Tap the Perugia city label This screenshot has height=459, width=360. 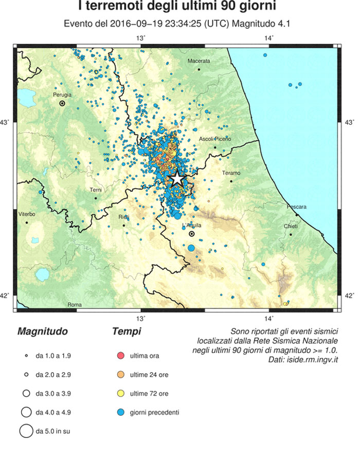(61, 95)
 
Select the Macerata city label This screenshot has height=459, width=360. (199, 61)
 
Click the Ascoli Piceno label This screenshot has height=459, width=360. (215, 139)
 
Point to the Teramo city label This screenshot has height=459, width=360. (231, 173)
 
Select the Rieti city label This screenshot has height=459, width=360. (123, 217)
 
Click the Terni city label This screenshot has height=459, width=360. (96, 190)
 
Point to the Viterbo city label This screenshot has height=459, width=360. (26, 213)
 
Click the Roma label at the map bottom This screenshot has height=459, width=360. (75, 305)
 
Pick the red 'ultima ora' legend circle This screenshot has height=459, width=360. (122, 356)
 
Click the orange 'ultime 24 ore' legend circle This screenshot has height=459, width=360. (122, 375)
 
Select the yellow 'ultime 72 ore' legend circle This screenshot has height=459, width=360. (122, 393)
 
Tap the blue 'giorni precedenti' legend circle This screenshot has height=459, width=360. (122, 412)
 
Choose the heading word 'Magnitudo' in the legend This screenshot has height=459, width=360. (42, 332)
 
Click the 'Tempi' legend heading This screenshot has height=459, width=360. (126, 332)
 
